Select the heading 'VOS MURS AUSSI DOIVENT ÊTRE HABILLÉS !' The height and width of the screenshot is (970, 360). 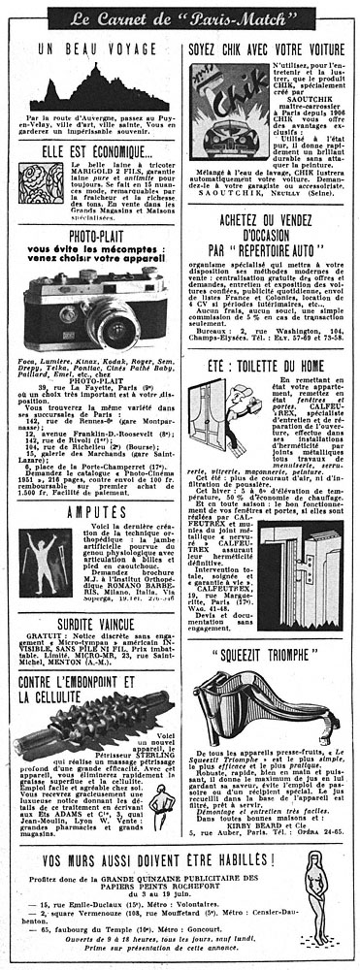[x=154, y=837]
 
